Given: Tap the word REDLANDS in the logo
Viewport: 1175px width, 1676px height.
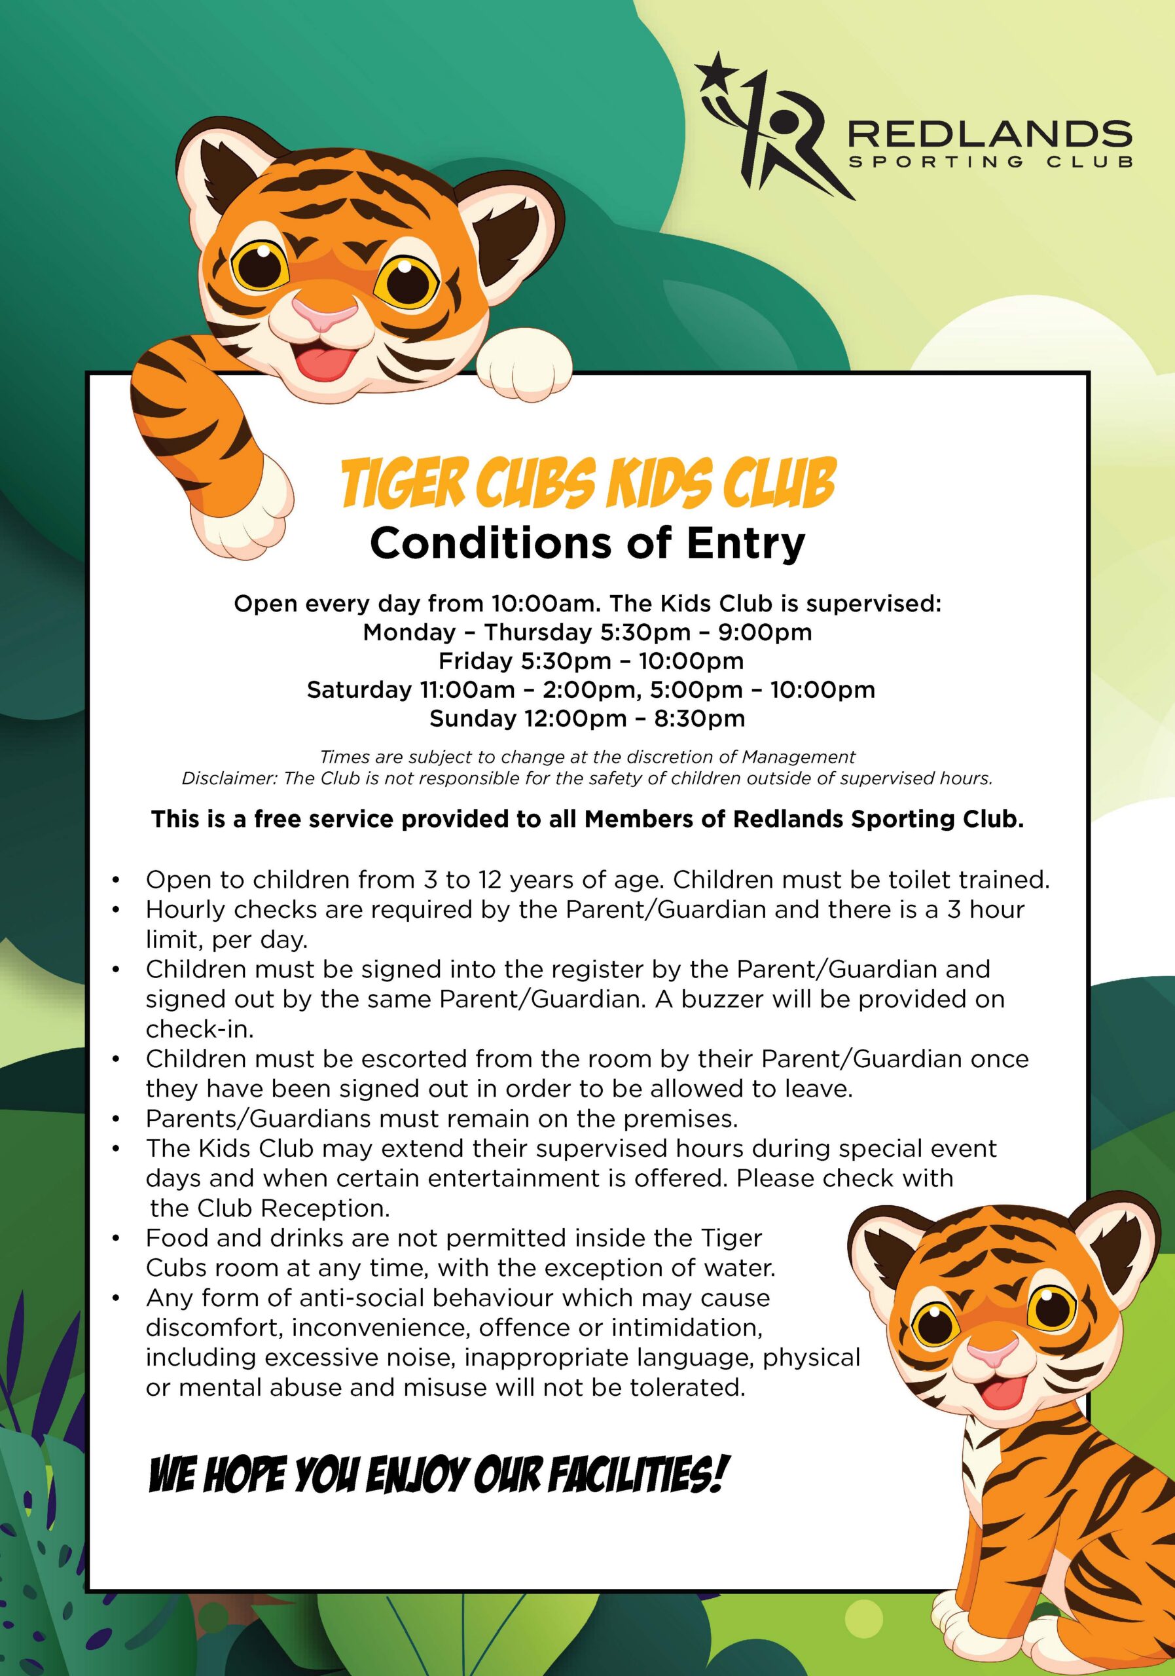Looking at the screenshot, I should coord(990,133).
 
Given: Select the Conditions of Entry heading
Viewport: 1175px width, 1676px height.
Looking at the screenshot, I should coord(588,543).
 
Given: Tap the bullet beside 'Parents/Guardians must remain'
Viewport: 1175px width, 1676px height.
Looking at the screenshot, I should coord(116,1118).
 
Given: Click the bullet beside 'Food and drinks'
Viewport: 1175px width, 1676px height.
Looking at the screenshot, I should coord(116,1238).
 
